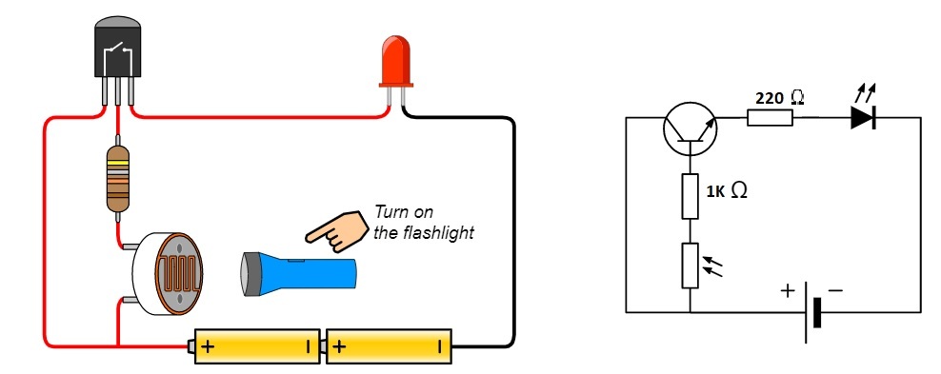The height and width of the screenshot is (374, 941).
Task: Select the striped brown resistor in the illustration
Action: point(118,179)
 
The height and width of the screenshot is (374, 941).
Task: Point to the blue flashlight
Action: point(298,274)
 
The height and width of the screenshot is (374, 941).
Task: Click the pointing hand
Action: point(337,230)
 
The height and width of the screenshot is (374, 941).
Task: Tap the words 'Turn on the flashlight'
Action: point(423,222)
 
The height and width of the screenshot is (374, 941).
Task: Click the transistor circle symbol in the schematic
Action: point(691,128)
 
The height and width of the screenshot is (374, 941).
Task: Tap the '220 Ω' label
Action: point(780,98)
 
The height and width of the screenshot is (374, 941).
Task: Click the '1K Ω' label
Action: point(726,192)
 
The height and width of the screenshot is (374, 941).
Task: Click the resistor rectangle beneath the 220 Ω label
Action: point(770,117)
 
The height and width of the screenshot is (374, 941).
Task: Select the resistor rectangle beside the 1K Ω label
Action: point(691,197)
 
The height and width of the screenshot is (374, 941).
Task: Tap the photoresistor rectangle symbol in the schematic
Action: point(691,266)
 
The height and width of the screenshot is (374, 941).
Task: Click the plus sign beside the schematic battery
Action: point(787,291)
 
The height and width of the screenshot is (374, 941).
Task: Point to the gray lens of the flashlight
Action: point(248,274)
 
